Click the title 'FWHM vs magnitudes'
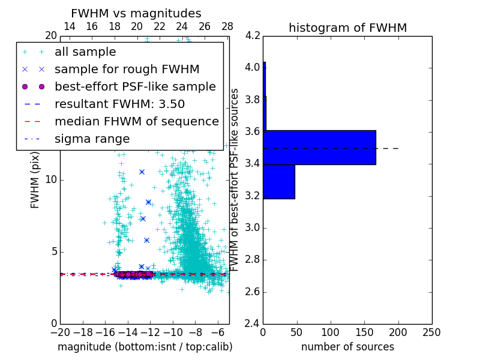click(136, 13)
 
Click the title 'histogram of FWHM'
click(347, 28)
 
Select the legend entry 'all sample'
click(85, 52)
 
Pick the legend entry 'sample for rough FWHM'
click(127, 69)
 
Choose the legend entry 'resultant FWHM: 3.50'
click(119, 104)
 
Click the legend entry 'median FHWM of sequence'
click(136, 121)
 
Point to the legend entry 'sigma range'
click(92, 139)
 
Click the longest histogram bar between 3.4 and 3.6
click(319, 147)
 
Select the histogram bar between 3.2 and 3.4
click(279, 181)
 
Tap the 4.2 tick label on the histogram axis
click(253, 35)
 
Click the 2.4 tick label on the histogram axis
click(253, 324)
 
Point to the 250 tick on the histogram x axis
click(431, 332)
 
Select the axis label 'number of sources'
click(347, 347)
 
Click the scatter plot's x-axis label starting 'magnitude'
click(145, 347)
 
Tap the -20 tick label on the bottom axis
click(60, 332)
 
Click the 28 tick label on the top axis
click(227, 26)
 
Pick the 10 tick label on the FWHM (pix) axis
click(51, 180)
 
